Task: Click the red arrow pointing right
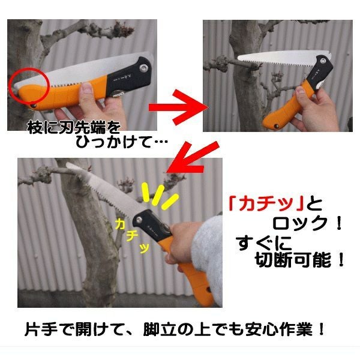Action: pos(179,107)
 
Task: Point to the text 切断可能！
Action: pos(299,260)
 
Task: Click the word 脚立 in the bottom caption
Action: pos(157,329)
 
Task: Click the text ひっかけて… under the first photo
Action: pos(122,142)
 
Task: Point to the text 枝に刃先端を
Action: pos(74,127)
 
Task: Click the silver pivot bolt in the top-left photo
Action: pos(144,68)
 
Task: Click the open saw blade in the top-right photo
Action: pos(284,59)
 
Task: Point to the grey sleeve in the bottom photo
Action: pos(208,257)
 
